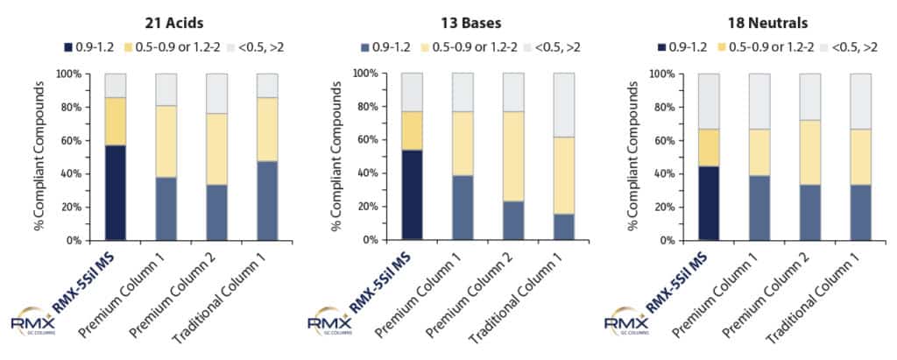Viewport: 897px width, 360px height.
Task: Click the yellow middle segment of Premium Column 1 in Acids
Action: point(166,141)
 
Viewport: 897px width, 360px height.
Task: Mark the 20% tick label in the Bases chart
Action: point(369,206)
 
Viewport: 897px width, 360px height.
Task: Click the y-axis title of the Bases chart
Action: point(335,156)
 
